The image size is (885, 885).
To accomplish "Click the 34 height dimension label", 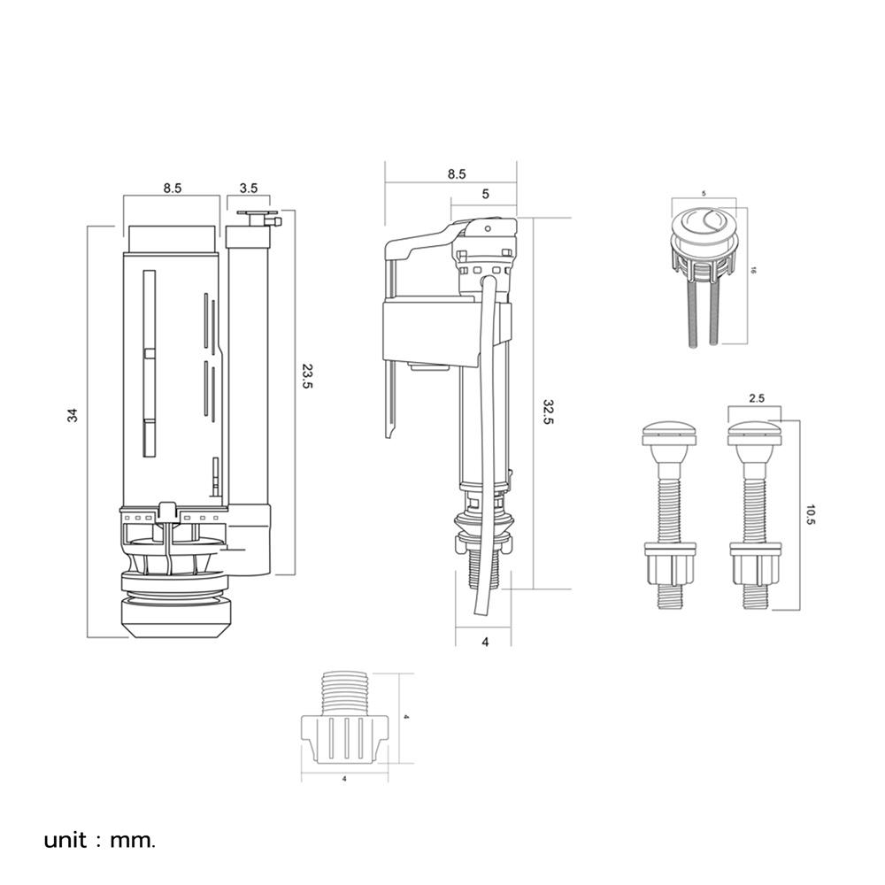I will tap(73, 414).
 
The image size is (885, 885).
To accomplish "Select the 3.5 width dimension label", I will tap(249, 188).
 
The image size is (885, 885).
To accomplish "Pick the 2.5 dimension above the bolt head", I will tap(757, 398).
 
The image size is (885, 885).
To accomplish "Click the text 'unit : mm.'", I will tap(100, 839).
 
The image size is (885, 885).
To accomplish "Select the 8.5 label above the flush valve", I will tap(173, 188).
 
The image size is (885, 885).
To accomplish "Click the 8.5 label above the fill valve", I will tap(456, 174).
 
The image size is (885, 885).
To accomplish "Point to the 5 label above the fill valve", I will tap(485, 194).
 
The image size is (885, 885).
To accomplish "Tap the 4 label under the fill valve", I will tap(484, 642).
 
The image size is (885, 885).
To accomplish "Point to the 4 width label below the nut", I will tap(343, 780).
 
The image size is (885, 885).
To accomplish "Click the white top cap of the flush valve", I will tap(171, 236).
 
